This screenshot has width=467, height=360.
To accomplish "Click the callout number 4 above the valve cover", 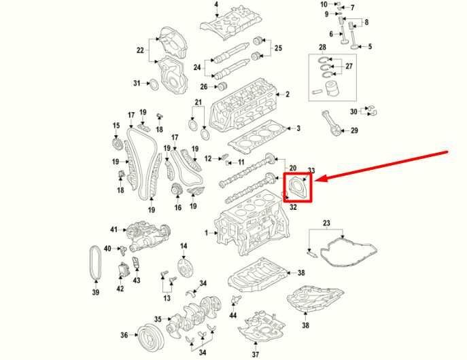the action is click(x=216, y=5).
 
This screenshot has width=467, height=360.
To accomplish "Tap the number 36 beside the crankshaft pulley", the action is click(x=124, y=335).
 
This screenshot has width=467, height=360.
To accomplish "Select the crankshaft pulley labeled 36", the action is click(x=150, y=338).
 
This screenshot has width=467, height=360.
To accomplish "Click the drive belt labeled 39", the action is click(x=96, y=263).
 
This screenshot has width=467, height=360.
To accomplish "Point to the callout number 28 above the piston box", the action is click(x=322, y=47).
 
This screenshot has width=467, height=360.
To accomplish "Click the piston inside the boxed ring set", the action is click(x=332, y=88).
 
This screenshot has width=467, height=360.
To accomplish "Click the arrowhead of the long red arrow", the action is click(x=316, y=179).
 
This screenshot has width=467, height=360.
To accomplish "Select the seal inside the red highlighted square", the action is click(x=297, y=187).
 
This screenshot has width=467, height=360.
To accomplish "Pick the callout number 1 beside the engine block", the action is click(x=207, y=233).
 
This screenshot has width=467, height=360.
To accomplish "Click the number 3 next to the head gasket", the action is click(x=298, y=128).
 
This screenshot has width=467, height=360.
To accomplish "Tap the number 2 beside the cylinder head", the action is click(x=288, y=94).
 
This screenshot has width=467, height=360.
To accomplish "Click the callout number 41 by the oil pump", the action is click(x=114, y=230).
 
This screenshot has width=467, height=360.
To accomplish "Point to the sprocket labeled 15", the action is click(x=116, y=144).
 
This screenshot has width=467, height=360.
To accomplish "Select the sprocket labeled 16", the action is click(x=177, y=190).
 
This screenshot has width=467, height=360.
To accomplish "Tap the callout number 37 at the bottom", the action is click(x=255, y=355).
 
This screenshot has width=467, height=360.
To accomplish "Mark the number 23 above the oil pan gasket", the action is click(x=326, y=223).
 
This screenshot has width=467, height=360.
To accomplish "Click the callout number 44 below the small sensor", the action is click(x=233, y=314).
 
